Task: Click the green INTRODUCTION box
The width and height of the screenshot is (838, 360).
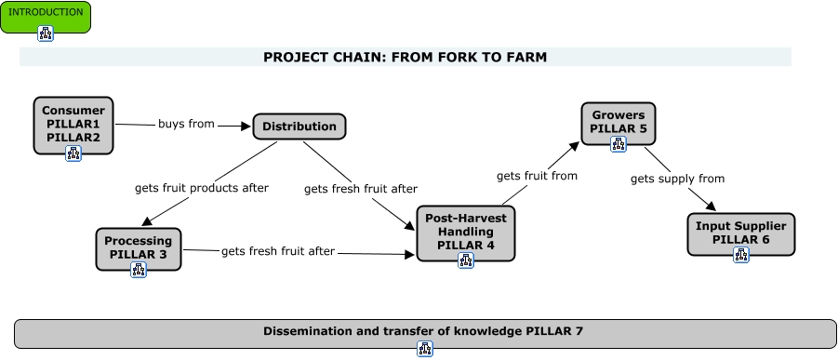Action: tap(45, 14)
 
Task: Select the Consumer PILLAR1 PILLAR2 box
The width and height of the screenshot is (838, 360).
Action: tap(73, 123)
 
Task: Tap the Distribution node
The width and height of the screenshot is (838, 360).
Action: tap(299, 127)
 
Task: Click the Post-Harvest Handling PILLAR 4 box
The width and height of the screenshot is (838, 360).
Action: tap(465, 231)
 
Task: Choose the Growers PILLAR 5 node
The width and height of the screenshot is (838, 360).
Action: tap(619, 122)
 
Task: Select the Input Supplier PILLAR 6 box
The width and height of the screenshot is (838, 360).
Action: tap(741, 233)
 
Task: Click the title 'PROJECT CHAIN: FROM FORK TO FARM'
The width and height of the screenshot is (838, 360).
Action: tap(405, 57)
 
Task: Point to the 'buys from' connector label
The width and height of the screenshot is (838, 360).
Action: tap(186, 123)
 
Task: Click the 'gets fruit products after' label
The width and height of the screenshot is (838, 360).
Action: tap(201, 188)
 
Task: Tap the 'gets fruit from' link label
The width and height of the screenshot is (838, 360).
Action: tap(537, 175)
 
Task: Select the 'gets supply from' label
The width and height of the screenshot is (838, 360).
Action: tap(677, 179)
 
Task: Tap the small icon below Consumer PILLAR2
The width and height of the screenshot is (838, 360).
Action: tap(73, 153)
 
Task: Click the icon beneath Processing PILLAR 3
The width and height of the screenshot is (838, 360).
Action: tap(139, 271)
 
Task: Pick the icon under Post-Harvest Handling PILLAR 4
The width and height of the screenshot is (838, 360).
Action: tap(466, 260)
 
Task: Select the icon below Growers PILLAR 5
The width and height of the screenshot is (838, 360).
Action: tap(619, 144)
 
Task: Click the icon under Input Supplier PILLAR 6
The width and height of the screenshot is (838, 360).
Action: tap(741, 255)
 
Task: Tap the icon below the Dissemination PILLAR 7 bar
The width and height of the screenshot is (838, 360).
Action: tap(425, 350)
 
